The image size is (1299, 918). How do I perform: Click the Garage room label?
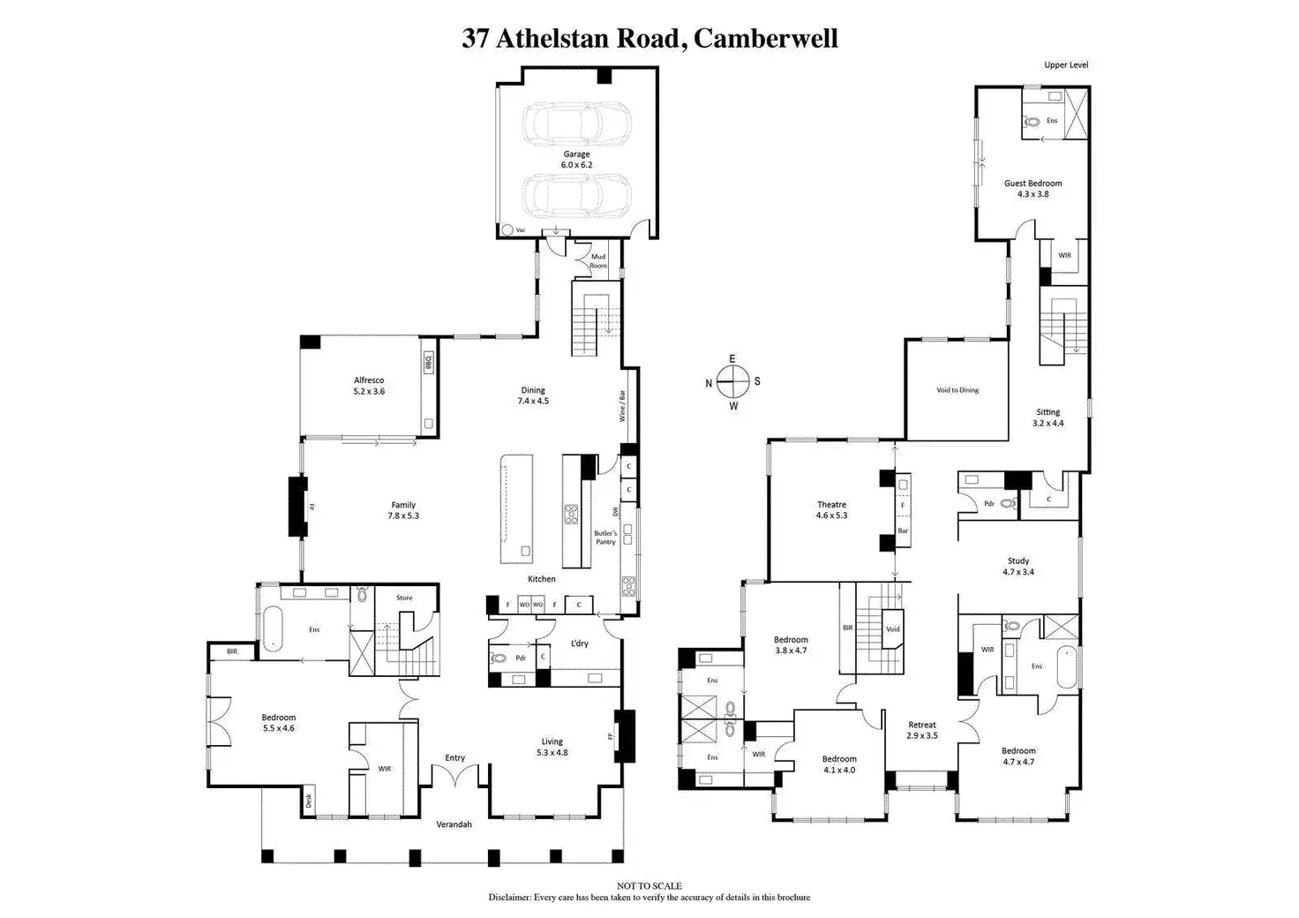[576, 154]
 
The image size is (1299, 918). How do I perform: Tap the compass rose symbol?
[732, 382]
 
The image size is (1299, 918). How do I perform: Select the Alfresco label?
[369, 380]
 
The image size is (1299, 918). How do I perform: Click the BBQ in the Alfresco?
[428, 362]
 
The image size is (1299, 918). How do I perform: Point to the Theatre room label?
[831, 505]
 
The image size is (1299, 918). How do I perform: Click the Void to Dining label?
[957, 390]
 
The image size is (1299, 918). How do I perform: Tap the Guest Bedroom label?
[1032, 184]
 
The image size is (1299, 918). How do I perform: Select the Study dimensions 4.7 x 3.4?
[1018, 572]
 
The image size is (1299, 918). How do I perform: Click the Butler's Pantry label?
[605, 538]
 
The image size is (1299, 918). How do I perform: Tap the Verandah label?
[454, 824]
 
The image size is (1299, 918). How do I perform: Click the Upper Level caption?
[1066, 64]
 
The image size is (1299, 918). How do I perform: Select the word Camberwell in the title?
[765, 39]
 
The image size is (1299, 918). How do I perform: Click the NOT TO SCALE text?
[649, 886]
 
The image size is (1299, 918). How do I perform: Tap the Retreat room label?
[922, 725]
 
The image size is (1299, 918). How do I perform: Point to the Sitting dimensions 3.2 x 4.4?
[1048, 423]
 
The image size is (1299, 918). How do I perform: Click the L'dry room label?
[579, 643]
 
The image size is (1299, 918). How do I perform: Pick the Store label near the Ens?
[404, 598]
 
